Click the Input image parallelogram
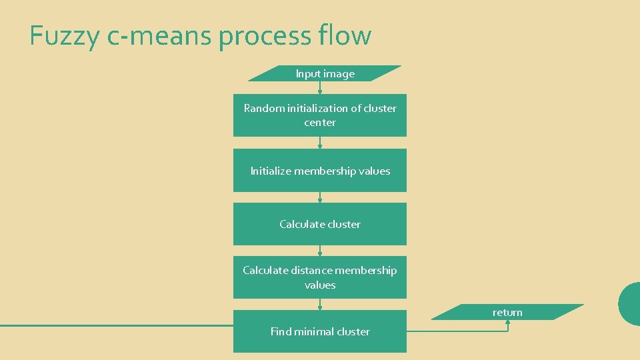pos(325,73)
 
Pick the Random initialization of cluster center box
pos(320,115)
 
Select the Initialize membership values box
pos(320,171)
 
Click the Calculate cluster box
pos(320,224)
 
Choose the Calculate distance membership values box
pos(320,277)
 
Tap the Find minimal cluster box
pos(320,331)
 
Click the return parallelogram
pos(507,312)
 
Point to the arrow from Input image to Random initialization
pos(320,88)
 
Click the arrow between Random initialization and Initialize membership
pos(320,143)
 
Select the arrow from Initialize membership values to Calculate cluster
pos(320,197)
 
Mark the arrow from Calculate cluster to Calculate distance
pos(320,251)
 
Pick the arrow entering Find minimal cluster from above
pos(320,304)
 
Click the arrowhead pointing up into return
pos(508,322)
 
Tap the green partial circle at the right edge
pos(630,303)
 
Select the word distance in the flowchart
pos(311,270)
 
